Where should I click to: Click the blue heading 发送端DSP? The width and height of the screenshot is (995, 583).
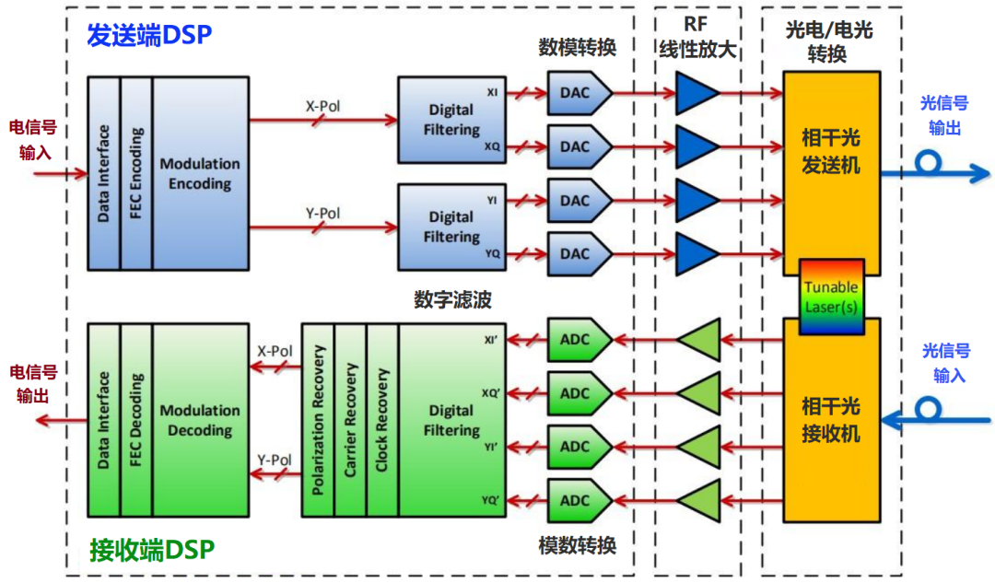click(x=149, y=34)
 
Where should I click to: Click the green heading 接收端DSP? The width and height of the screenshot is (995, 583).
click(x=152, y=551)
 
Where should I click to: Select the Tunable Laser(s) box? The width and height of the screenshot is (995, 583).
click(x=832, y=297)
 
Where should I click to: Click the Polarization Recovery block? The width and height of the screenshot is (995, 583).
click(x=318, y=419)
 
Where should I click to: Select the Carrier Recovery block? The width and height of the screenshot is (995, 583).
click(x=350, y=419)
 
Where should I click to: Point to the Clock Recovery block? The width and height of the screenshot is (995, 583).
click(x=382, y=419)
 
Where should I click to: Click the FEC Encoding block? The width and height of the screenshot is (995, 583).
click(x=136, y=173)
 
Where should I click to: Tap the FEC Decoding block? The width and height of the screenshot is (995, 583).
click(x=136, y=419)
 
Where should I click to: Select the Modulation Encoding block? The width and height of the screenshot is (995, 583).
click(x=200, y=173)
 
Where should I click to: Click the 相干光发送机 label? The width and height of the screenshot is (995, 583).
click(x=831, y=153)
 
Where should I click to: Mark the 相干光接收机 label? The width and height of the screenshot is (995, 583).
click(x=831, y=420)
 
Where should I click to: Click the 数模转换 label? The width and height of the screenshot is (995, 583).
click(x=577, y=47)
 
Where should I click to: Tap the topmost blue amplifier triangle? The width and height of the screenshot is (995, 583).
click(x=696, y=94)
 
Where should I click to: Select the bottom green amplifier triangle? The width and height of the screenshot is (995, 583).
click(x=697, y=500)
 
